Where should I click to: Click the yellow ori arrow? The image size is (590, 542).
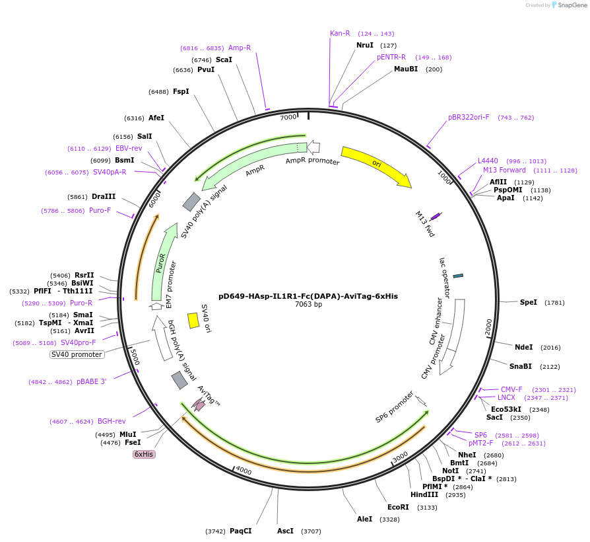pyautogui.click(x=376, y=165)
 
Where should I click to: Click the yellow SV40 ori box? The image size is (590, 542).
pyautogui.click(x=193, y=321)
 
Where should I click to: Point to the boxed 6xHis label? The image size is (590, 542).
pyautogui.click(x=144, y=454)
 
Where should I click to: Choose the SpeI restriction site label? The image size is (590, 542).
pyautogui.click(x=528, y=302)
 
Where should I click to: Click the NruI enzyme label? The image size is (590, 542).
pyautogui.click(x=365, y=45)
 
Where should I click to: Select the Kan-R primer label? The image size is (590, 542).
pyautogui.click(x=340, y=33)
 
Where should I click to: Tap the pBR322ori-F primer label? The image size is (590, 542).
pyautogui.click(x=469, y=117)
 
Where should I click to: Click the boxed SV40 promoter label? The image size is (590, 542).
pyautogui.click(x=77, y=354)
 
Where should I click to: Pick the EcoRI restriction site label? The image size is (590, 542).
pyautogui.click(x=398, y=507)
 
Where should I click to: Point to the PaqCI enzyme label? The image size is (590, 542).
pyautogui.click(x=241, y=531)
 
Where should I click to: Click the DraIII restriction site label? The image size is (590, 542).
pyautogui.click(x=104, y=196)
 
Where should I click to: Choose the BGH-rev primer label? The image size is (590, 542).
pyautogui.click(x=112, y=421)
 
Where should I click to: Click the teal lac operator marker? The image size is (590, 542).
pyautogui.click(x=458, y=276)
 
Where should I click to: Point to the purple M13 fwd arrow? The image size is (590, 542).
pyautogui.click(x=435, y=216)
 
